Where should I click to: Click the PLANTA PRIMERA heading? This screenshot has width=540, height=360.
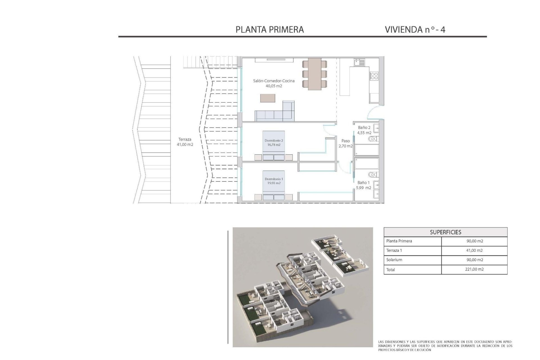tap(269, 30)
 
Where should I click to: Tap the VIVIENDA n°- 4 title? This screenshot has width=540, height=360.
tap(415, 30)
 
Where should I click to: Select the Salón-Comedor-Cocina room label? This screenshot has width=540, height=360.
tap(274, 83)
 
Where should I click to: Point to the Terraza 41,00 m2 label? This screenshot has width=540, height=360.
tap(185, 142)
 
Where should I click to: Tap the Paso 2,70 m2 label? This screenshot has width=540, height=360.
tap(345, 143)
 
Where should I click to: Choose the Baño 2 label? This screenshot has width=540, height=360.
tap(364, 130)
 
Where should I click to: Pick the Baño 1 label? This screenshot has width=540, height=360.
tap(364, 185)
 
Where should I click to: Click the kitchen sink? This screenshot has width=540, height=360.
tap(360, 62)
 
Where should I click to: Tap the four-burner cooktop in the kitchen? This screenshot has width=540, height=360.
tap(374, 76)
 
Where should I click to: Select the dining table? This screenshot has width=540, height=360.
tap(314, 74)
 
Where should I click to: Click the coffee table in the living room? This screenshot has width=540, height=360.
tap(268, 98)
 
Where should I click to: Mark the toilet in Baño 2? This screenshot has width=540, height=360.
tap(373, 139)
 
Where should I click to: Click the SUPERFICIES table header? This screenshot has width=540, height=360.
tap(445, 232)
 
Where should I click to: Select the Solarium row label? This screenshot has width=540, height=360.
tap(394, 260)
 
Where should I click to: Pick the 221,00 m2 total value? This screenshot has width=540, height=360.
tap(474, 269)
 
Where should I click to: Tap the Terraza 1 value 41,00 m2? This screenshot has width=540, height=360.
tap(474, 250)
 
